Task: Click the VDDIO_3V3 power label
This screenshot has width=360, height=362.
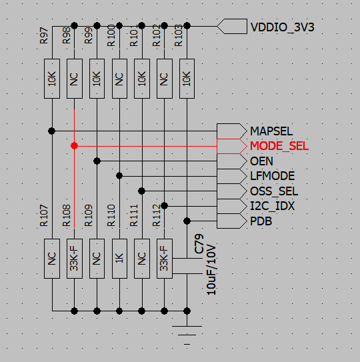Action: [x=282, y=27]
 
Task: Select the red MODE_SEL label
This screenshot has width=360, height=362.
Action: [x=279, y=146]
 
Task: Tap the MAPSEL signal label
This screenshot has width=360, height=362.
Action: [x=271, y=131]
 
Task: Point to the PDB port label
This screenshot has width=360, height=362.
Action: [x=261, y=221]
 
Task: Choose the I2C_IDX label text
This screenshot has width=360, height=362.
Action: [x=273, y=206]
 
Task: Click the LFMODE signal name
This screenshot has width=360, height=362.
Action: [x=272, y=176]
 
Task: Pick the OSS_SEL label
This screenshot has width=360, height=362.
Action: [x=274, y=191]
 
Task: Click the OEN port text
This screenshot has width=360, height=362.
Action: [x=261, y=161]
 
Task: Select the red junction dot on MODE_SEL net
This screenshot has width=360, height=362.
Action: [x=74, y=146]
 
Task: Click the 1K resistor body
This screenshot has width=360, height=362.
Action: [x=119, y=259]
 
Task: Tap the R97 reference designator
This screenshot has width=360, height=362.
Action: [x=44, y=35]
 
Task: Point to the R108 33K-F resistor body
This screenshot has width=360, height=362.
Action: [x=75, y=259]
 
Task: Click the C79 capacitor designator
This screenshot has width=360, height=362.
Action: [x=199, y=244]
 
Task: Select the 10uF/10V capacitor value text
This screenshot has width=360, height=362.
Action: [x=211, y=270]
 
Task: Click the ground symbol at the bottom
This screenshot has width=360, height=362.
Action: [x=187, y=335]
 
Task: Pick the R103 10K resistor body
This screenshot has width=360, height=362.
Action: [x=187, y=79]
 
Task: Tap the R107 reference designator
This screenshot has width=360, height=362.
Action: [x=44, y=215]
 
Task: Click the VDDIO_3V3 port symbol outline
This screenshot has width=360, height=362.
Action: [x=232, y=26]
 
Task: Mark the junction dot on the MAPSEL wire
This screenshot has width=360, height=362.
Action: [x=52, y=131]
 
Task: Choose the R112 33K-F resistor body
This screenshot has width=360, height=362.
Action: [x=165, y=259]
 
